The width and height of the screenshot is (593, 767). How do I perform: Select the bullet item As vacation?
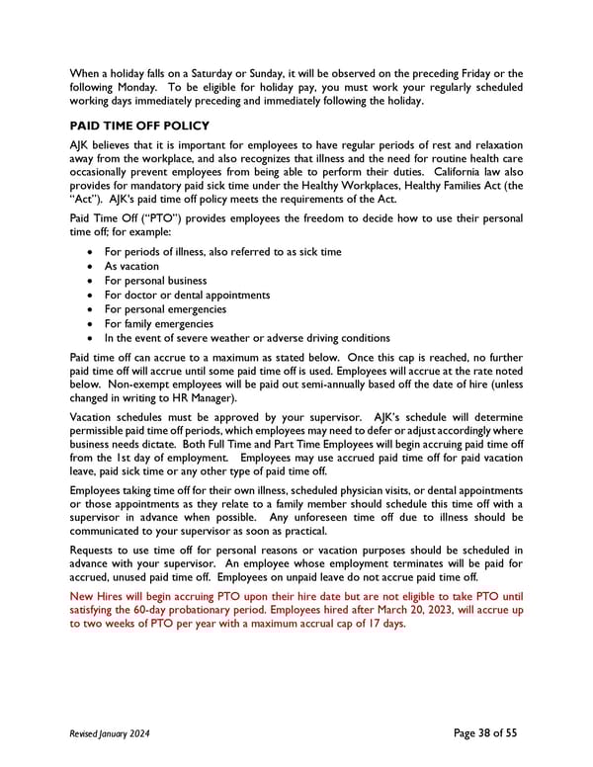click(130, 266)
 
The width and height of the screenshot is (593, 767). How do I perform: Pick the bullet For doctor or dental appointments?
click(187, 295)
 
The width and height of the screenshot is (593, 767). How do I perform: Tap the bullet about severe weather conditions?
click(246, 338)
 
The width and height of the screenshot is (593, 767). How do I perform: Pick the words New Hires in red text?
click(101, 595)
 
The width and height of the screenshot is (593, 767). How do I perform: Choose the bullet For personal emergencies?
click(165, 309)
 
